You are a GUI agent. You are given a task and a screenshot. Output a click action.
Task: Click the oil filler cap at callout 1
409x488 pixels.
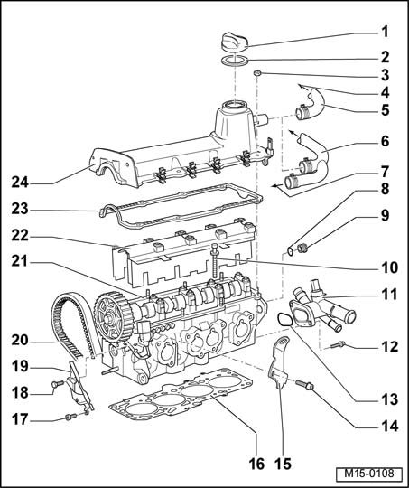point(234,41)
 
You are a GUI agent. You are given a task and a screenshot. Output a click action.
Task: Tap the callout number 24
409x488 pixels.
point(20,183)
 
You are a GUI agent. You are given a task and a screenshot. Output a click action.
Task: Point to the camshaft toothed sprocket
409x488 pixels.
point(114,316)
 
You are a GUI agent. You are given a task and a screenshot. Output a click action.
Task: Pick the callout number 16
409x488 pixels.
point(256,464)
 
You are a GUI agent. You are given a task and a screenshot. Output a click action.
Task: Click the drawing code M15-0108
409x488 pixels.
point(368,474)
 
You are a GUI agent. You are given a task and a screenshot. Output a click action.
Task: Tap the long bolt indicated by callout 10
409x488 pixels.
point(215,260)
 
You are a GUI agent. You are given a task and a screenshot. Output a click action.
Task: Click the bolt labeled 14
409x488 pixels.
point(305,385)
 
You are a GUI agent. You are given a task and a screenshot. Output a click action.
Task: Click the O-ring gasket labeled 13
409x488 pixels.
point(284,320)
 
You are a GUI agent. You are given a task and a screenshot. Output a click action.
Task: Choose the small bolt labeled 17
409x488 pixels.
point(70,417)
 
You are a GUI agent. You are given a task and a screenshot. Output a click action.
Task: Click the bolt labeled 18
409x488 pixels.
point(58,384)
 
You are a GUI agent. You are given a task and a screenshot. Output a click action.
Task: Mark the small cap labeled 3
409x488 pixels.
point(257,73)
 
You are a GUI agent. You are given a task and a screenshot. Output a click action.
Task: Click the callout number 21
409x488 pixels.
point(20,261)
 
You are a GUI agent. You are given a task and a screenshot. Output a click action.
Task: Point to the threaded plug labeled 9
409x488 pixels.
point(302,248)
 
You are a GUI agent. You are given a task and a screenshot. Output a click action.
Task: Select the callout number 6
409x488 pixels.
point(385,142)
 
